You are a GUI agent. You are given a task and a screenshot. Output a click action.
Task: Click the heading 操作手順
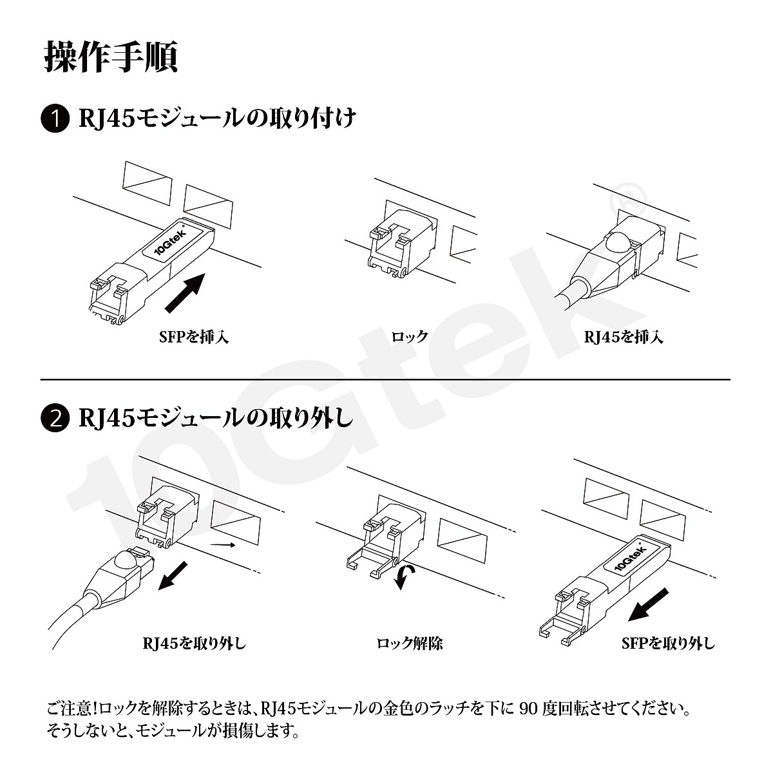tap(111, 57)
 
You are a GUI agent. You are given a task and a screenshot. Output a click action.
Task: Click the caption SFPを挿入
tap(193, 336)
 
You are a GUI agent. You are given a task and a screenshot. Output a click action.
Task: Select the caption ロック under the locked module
tap(409, 336)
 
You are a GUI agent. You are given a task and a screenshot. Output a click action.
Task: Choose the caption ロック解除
tap(409, 643)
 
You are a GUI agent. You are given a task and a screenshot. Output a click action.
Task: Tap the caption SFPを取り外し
tap(667, 643)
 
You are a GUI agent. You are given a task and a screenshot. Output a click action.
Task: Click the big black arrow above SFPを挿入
tap(185, 292)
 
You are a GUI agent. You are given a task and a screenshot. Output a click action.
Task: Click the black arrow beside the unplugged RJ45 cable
tap(174, 575)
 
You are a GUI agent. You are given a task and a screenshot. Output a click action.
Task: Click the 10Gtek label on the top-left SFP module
tap(170, 242)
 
